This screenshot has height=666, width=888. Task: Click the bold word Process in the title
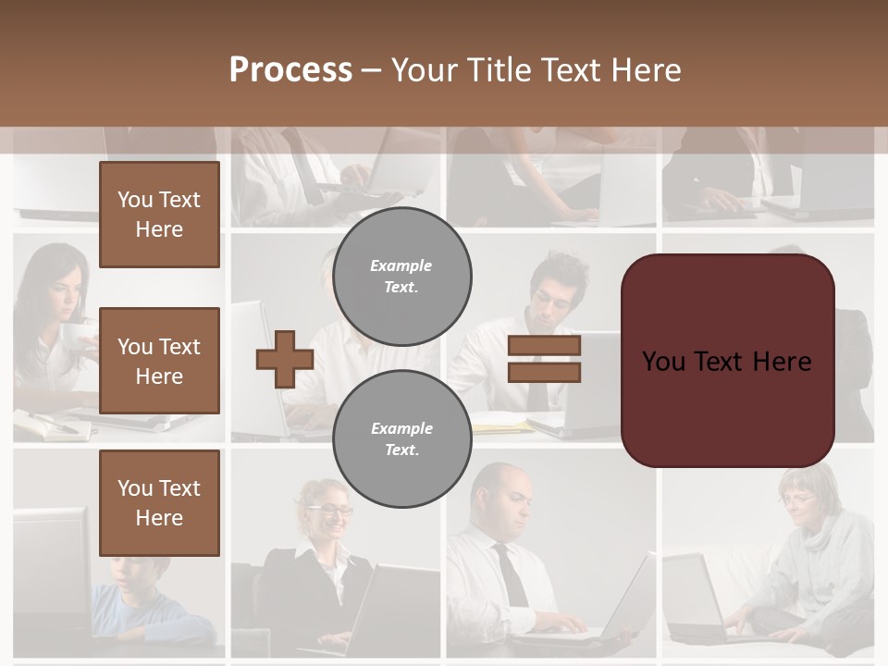[x=290, y=70]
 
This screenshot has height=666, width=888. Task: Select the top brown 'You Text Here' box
[x=159, y=215]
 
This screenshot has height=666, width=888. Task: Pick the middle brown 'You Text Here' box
[x=159, y=361]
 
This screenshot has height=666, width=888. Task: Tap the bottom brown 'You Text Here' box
[x=159, y=502]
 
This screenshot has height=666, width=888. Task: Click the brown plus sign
[x=284, y=359]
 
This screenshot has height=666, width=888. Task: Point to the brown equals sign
[x=544, y=359]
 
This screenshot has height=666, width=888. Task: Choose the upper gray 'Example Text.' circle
[x=401, y=276]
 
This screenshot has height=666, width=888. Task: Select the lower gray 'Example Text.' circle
[x=401, y=438]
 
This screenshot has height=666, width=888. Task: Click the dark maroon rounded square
[x=727, y=361]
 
